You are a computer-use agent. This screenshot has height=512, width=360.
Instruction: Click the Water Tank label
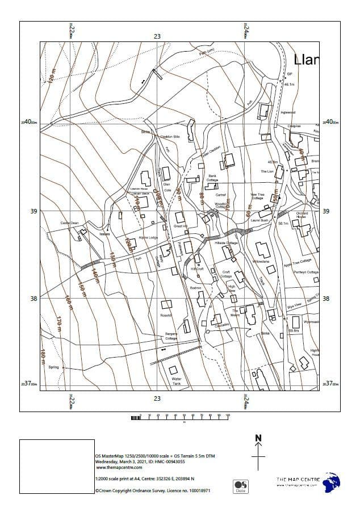(x=176, y=380)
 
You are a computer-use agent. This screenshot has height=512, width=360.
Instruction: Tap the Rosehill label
(x=166, y=315)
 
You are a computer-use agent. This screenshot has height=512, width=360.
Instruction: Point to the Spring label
(x=54, y=367)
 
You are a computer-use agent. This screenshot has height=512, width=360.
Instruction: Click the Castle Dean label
(x=69, y=223)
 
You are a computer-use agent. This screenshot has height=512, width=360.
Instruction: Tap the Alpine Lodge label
(x=148, y=237)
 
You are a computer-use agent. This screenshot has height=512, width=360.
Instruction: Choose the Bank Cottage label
(x=212, y=178)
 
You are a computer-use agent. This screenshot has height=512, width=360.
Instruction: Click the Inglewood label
(x=288, y=112)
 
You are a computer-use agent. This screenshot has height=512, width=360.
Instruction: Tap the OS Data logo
(x=241, y=486)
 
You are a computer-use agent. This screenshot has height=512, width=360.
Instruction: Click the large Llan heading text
(x=307, y=60)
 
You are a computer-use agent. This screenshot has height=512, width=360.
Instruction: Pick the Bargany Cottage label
(x=171, y=336)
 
